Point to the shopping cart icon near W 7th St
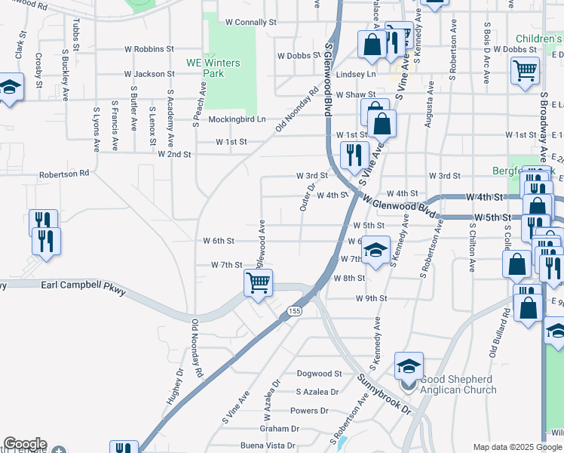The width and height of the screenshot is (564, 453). [x=258, y=282]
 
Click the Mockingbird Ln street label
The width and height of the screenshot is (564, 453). [x=237, y=119]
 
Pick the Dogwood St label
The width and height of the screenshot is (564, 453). [x=319, y=374]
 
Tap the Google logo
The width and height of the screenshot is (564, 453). [x=24, y=444]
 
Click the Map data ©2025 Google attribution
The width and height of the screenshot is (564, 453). [x=518, y=447]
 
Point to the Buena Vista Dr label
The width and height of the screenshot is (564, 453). [x=286, y=446]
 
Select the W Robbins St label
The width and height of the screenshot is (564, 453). [x=149, y=49]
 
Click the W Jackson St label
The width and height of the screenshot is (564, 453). [x=149, y=74]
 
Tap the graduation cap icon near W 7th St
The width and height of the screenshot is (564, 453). [x=376, y=250]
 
